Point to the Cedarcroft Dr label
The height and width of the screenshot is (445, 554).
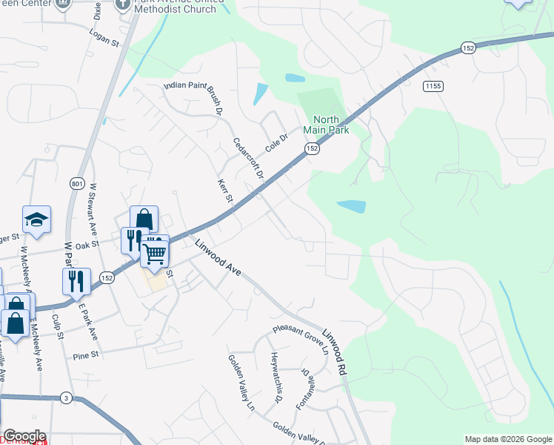pyautogui.click(x=249, y=159)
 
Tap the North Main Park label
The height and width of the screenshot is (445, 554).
pyautogui.click(x=326, y=125)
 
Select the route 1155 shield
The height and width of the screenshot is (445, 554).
pyautogui.click(x=433, y=87)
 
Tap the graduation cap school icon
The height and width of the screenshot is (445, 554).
pyautogui.click(x=36, y=220)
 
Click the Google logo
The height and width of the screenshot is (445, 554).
pyautogui.click(x=24, y=436)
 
